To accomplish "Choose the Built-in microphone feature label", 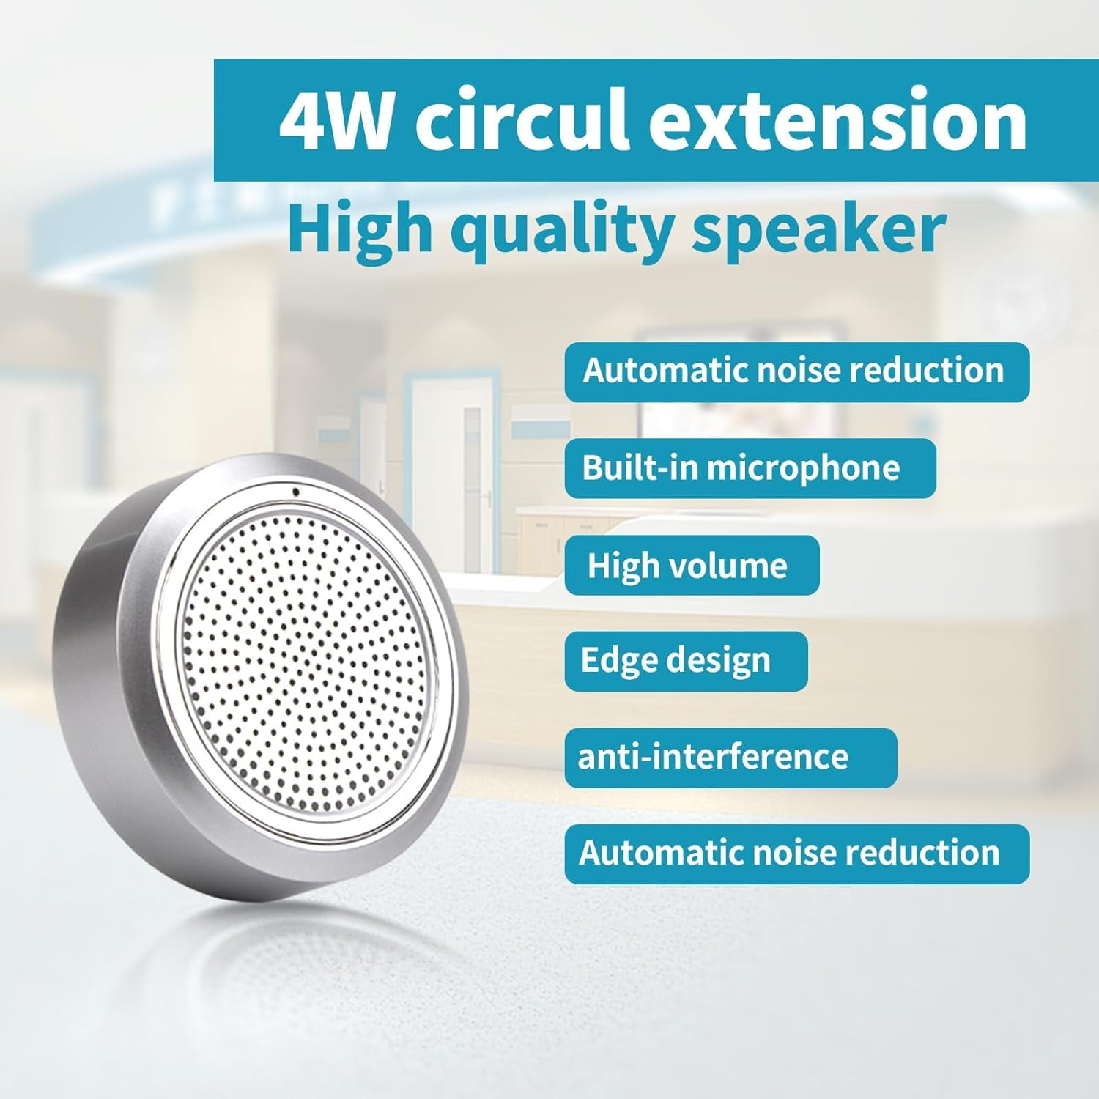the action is (750, 469).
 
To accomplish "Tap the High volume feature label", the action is (692, 566).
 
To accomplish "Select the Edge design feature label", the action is (686, 662).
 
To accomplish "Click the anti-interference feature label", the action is (730, 758).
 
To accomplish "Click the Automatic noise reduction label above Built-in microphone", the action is (797, 371).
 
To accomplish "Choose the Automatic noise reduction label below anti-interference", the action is (797, 854).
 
